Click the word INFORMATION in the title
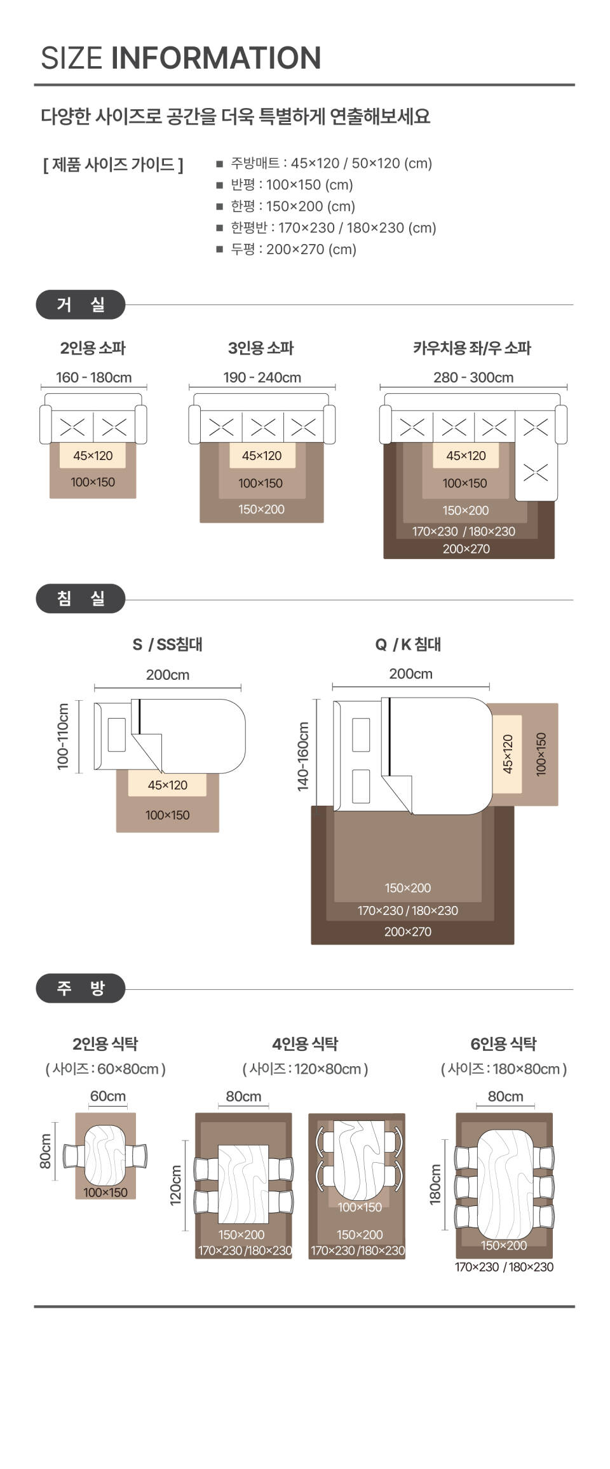[216, 58]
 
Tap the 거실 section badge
[81, 305]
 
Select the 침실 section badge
[81, 599]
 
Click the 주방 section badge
[81, 988]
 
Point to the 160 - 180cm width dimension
[94, 377]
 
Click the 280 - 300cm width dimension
[473, 377]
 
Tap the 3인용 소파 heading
[261, 348]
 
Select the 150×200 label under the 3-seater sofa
[261, 509]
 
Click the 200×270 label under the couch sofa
[466, 549]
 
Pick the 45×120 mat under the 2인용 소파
[93, 456]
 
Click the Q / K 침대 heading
[408, 644]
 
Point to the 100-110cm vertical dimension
[63, 736]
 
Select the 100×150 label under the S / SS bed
[167, 815]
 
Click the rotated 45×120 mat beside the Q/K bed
[507, 754]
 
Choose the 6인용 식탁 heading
[503, 1044]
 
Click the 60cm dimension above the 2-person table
[108, 1096]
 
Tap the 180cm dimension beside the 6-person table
[435, 1184]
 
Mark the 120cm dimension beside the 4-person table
[176, 1185]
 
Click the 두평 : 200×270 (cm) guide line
[293, 249]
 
